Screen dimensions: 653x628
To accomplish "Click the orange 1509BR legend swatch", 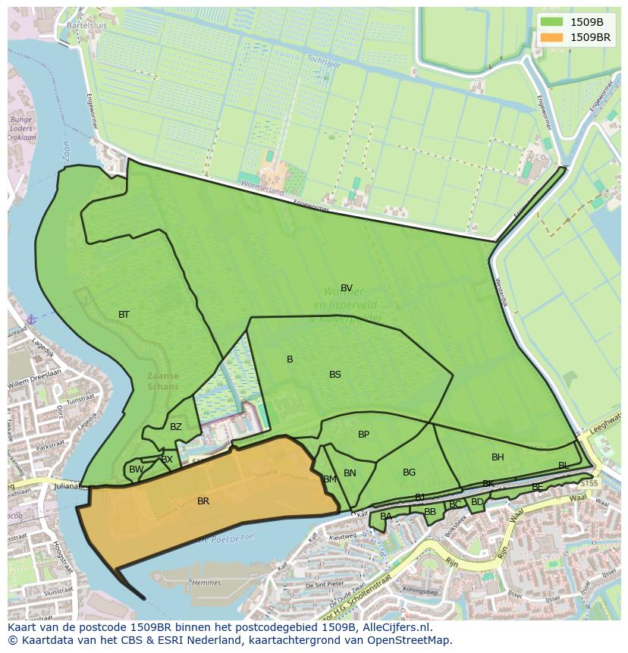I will (x=552, y=37).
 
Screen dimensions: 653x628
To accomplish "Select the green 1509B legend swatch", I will (x=552, y=22).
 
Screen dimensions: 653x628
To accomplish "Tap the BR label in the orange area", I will (x=203, y=501).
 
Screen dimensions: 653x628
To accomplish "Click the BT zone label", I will (x=124, y=315).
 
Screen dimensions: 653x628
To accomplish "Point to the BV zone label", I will (x=347, y=288).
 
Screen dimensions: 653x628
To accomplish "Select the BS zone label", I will (x=335, y=375).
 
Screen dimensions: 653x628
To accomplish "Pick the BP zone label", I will (x=364, y=435).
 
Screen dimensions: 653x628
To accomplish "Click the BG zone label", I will (x=410, y=472).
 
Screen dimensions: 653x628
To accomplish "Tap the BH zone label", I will (x=498, y=457).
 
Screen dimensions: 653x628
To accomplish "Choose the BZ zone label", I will (x=176, y=427).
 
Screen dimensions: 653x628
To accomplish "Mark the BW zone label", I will (x=136, y=470).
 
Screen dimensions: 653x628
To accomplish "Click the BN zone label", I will (x=350, y=473).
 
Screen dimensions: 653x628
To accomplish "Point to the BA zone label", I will (x=386, y=516).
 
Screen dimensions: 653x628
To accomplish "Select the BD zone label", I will (x=477, y=502).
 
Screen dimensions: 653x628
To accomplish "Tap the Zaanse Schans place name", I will (x=163, y=381).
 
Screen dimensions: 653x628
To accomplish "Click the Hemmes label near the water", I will (x=207, y=583).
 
